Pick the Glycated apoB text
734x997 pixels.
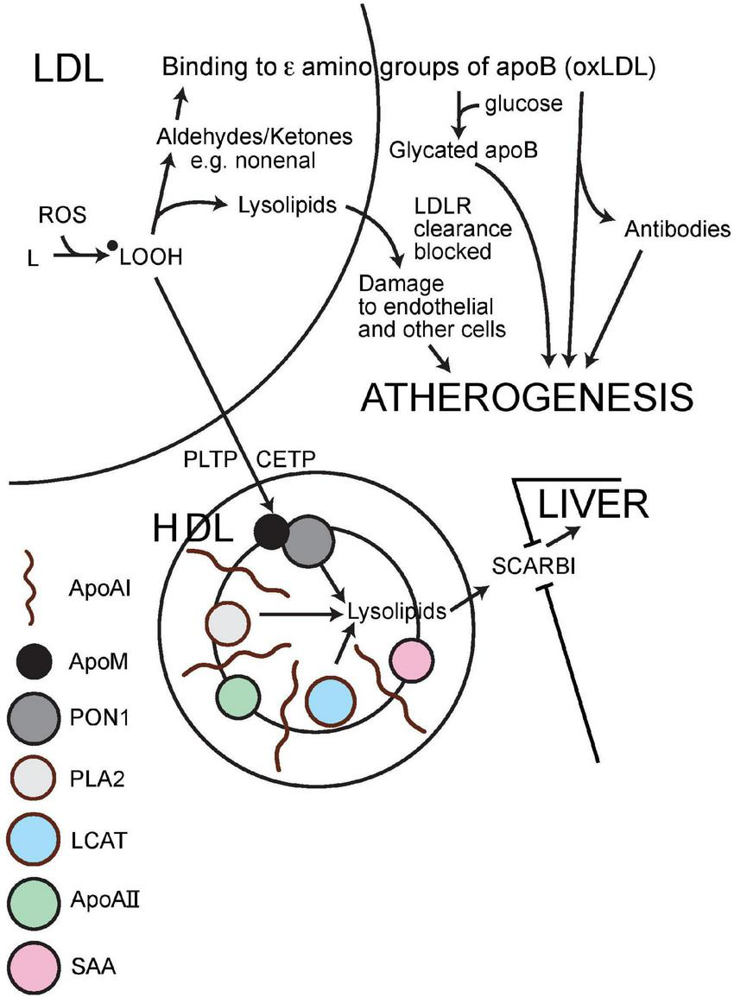(x=464, y=149)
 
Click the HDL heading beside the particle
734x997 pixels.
(x=192, y=528)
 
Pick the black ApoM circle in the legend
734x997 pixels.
(x=34, y=661)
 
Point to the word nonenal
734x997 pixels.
(x=282, y=160)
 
